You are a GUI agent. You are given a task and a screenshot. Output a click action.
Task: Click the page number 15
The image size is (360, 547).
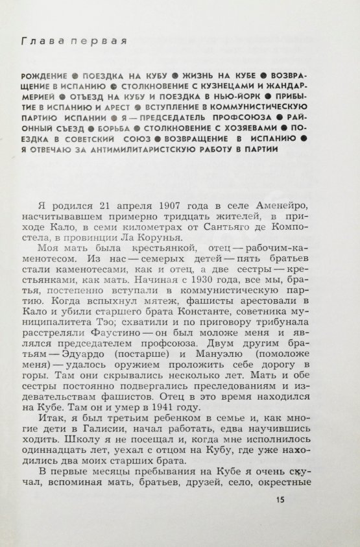(x=280, y=500)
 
